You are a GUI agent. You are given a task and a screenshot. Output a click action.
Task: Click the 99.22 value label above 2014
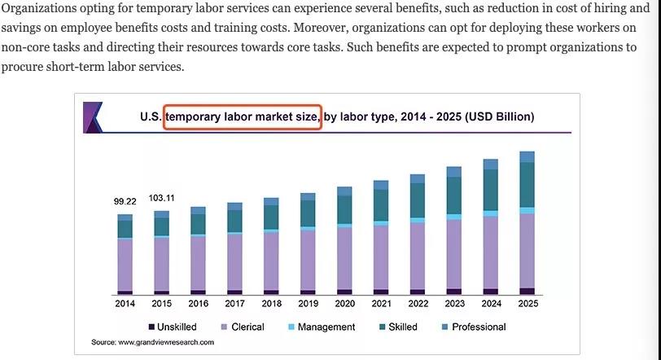click(125, 201)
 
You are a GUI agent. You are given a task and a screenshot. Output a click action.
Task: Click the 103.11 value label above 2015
click(161, 198)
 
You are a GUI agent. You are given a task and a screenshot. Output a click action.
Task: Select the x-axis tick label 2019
click(308, 304)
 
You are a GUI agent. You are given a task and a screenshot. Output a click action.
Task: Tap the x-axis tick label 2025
click(527, 304)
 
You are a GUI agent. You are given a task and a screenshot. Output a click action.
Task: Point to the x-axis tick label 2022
click(418, 304)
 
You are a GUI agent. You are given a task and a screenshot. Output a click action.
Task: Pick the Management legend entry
click(321, 327)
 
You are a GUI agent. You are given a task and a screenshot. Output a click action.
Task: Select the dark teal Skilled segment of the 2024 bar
click(490, 190)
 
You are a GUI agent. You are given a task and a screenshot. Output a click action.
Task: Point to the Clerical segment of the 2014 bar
click(125, 265)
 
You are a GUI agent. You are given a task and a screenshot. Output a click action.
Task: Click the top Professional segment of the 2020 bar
click(344, 191)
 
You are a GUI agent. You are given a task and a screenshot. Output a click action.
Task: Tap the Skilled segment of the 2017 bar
click(234, 221)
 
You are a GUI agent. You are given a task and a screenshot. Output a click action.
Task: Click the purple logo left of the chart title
click(92, 117)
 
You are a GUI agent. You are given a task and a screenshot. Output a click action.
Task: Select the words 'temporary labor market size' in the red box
click(242, 117)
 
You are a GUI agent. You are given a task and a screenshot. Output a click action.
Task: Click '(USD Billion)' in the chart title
click(499, 117)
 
